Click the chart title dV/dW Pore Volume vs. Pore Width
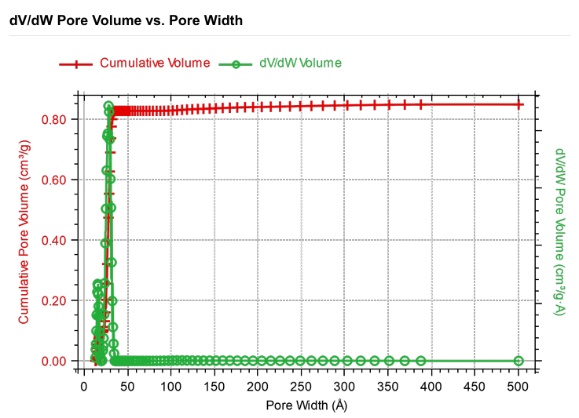126,20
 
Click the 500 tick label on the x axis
518,386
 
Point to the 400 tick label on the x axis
431,386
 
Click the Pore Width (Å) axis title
306,405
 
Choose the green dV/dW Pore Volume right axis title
560,231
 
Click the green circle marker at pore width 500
519,361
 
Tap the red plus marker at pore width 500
519,104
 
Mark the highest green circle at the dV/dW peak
109,106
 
